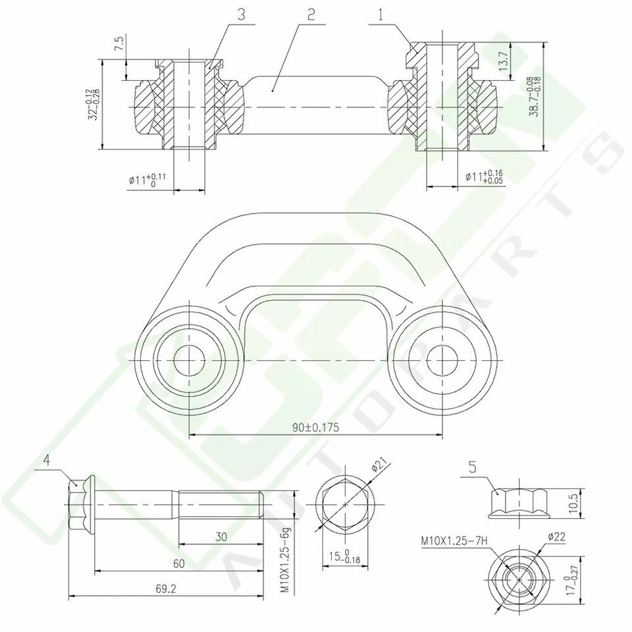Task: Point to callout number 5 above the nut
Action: coord(473,468)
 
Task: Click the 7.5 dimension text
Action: coord(119,45)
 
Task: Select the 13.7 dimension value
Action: coord(504,61)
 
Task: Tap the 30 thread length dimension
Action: coord(221,537)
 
